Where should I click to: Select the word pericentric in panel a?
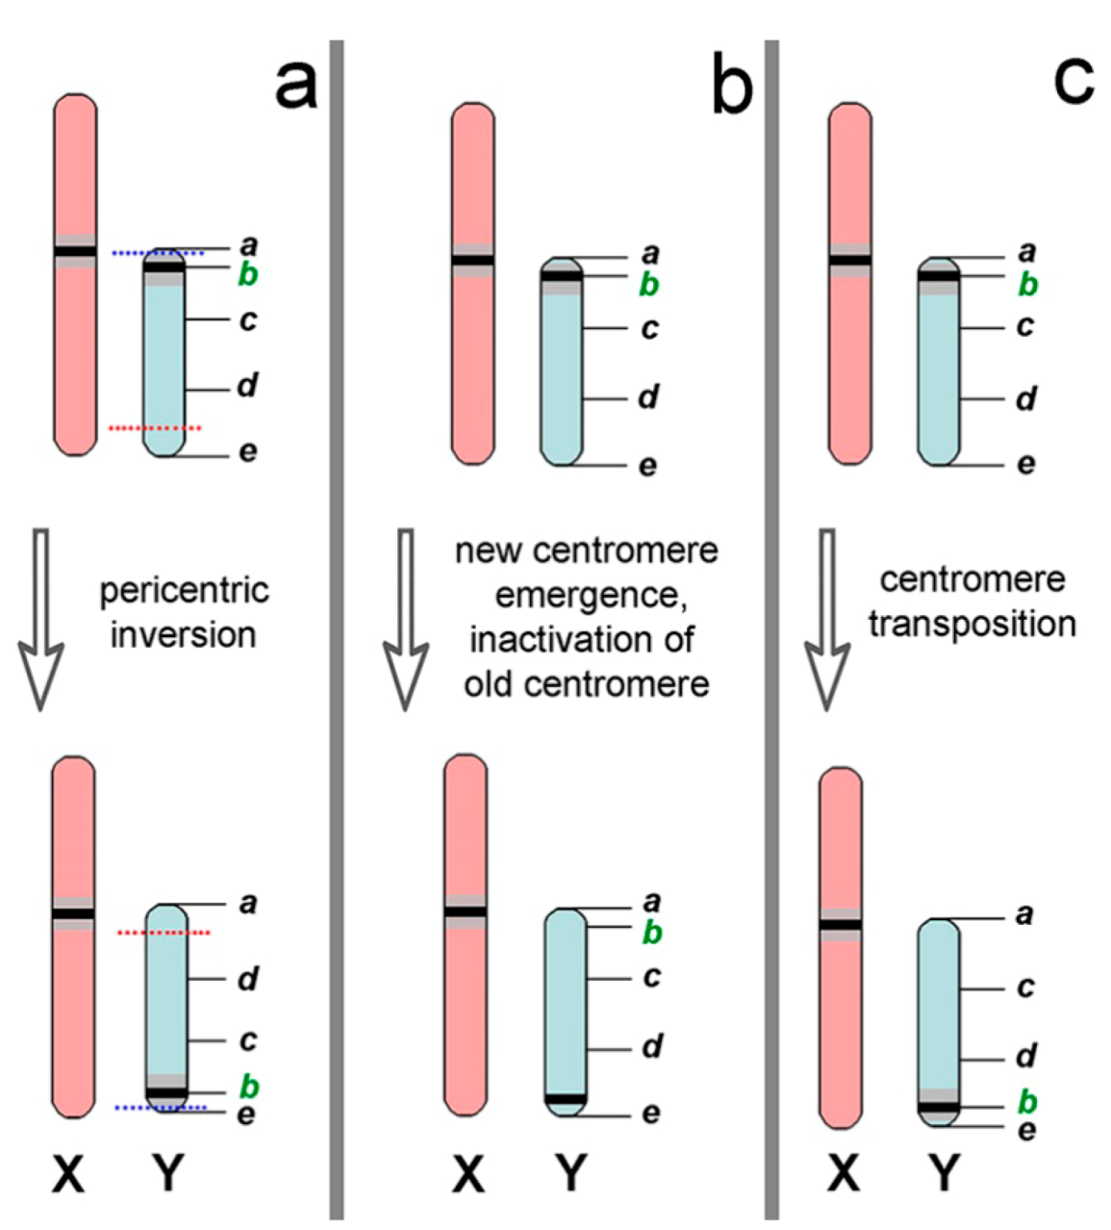(184, 591)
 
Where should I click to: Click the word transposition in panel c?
(972, 624)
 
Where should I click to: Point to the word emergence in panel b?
(590, 596)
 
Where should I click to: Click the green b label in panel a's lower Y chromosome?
(249, 1087)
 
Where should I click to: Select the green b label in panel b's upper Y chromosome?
(650, 285)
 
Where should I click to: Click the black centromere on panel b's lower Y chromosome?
(565, 1098)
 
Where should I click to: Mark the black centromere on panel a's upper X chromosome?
(75, 252)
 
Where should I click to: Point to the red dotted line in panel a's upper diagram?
(155, 427)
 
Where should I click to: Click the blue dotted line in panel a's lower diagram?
(160, 1109)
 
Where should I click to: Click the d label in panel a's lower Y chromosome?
(248, 980)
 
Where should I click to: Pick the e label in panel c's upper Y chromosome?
(1026, 464)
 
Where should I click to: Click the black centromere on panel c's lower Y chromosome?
(938, 1107)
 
